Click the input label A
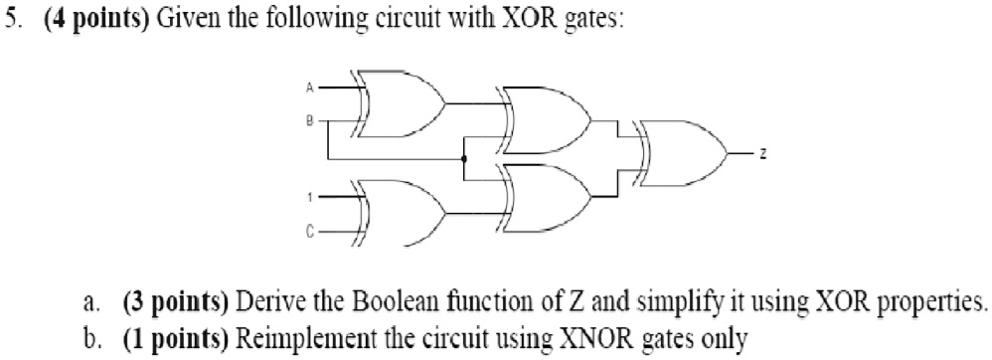coord(309,88)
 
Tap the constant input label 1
coord(309,200)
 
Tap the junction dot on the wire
coord(464,158)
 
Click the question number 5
coord(11,19)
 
